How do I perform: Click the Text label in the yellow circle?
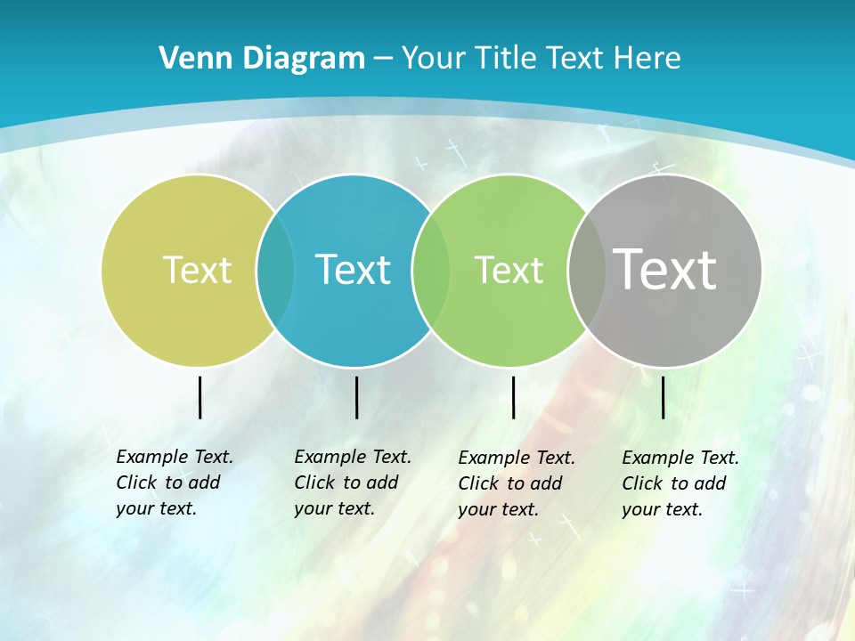(x=197, y=270)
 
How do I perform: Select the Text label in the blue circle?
(x=353, y=270)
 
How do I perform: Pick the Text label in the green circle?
(x=509, y=270)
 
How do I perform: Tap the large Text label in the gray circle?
(x=665, y=269)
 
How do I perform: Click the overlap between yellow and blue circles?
(x=275, y=270)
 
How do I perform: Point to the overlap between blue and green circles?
(x=431, y=270)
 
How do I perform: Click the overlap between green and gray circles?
(x=583, y=270)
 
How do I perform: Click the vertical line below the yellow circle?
(x=199, y=397)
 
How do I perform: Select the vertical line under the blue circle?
(x=356, y=397)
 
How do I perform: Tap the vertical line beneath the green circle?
(x=513, y=397)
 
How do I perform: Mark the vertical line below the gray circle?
(x=663, y=397)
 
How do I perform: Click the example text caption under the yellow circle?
(x=174, y=483)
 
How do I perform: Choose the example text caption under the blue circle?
(x=352, y=483)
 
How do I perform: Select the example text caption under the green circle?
(x=516, y=483)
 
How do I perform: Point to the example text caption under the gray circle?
(x=680, y=483)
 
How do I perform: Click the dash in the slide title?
(x=383, y=60)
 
